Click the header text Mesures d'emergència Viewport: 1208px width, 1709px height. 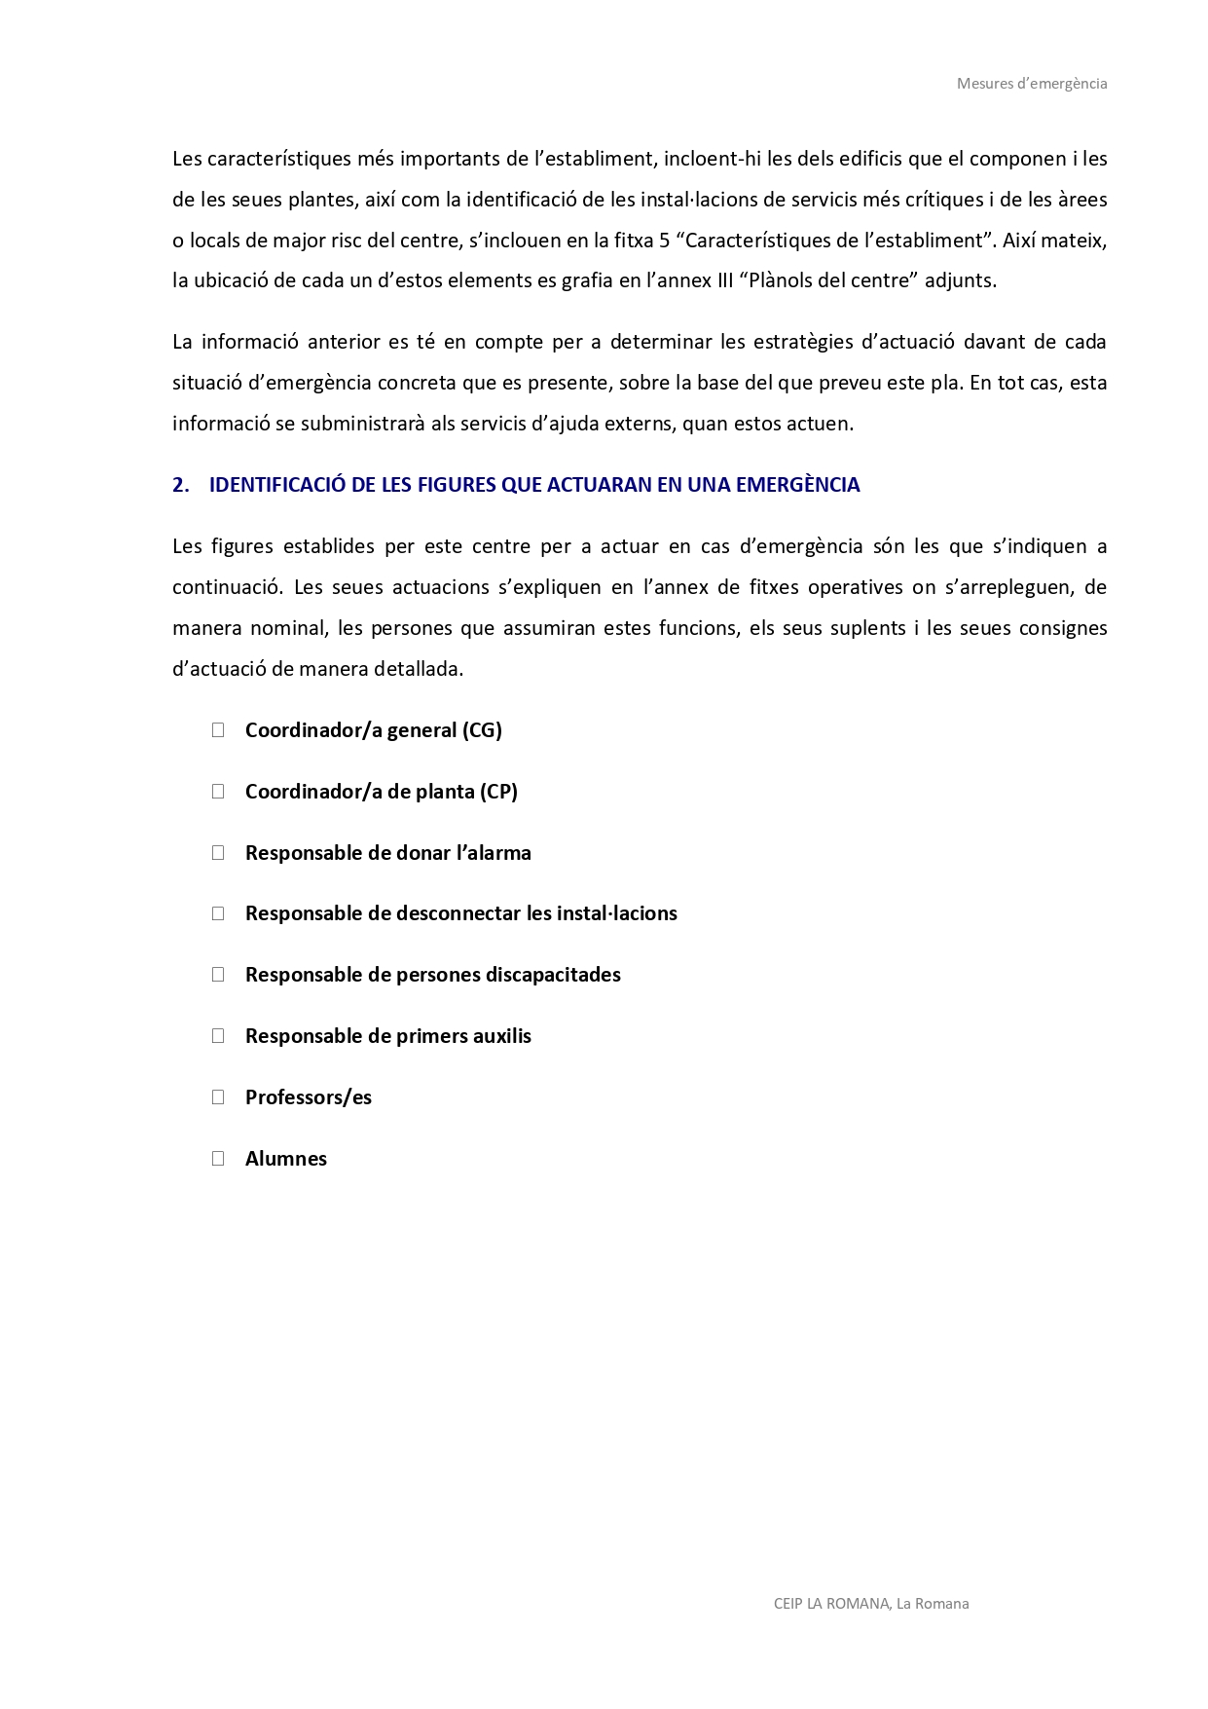(x=1031, y=84)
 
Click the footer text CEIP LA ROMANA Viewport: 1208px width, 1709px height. (x=830, y=1604)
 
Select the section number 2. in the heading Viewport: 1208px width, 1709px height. (x=180, y=485)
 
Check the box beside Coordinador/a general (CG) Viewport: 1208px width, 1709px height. (x=218, y=730)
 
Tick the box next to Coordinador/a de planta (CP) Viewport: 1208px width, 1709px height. (x=218, y=792)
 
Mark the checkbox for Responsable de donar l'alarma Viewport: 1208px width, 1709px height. (x=218, y=853)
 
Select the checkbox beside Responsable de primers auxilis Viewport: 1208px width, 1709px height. (x=218, y=1036)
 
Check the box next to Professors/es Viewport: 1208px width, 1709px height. (x=218, y=1097)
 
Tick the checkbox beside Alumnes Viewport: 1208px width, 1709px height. (x=218, y=1159)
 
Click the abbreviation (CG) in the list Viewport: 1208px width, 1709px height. (x=482, y=730)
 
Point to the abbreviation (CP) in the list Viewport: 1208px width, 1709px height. (x=498, y=792)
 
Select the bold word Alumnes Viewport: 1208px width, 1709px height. (x=286, y=1159)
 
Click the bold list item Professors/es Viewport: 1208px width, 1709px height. (x=309, y=1097)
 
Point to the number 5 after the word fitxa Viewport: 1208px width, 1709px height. (x=664, y=241)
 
